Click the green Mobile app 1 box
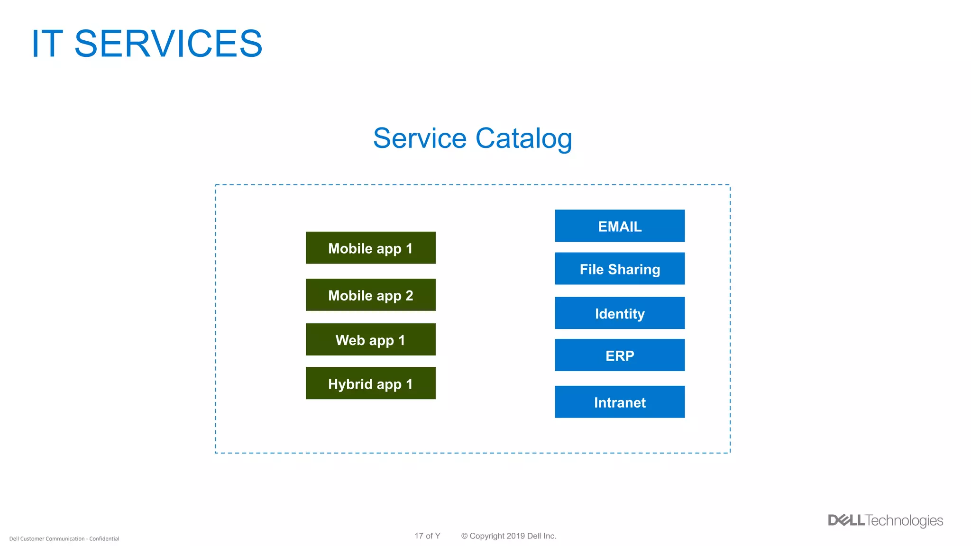point(370,248)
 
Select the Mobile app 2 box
point(370,295)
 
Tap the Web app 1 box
point(370,339)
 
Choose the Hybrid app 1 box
point(370,383)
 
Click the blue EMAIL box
point(620,226)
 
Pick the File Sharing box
point(620,268)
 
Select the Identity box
point(620,313)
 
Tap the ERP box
point(620,355)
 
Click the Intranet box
point(620,402)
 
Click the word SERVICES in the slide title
point(168,44)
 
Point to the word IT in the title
point(47,44)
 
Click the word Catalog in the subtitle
point(523,138)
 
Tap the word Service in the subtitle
point(420,138)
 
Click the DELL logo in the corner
point(846,520)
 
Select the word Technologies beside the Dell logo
point(904,520)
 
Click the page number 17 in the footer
point(419,536)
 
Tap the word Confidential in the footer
point(104,539)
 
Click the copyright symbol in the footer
point(464,536)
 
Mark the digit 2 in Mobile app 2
point(409,295)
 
